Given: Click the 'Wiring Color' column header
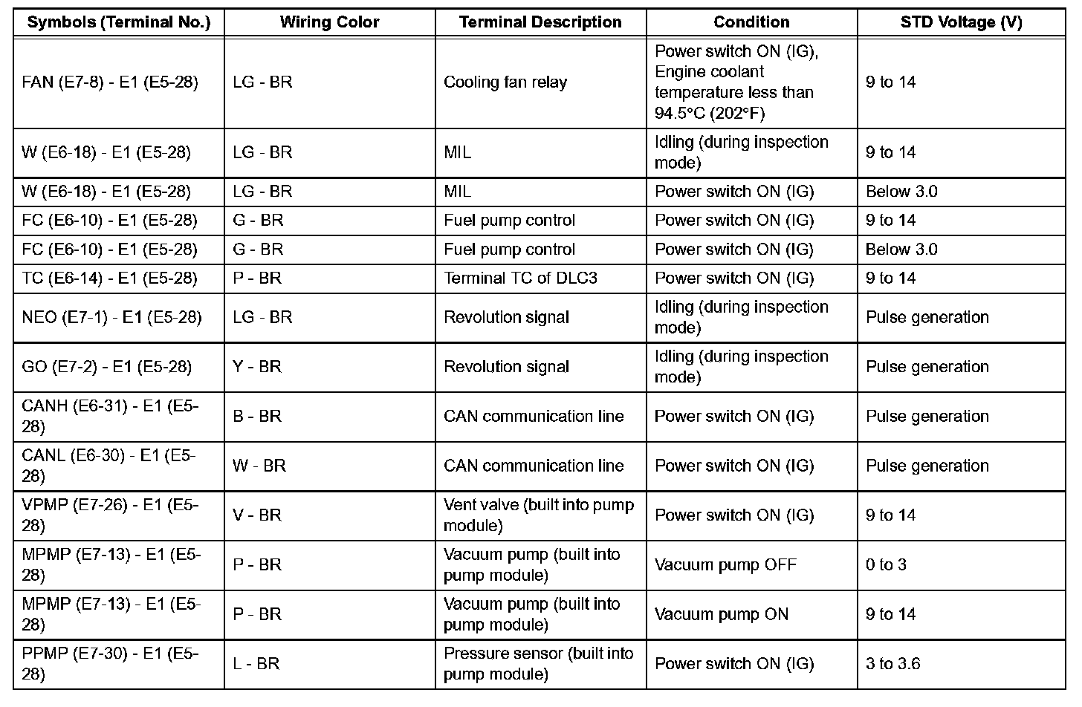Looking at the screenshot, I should [329, 22].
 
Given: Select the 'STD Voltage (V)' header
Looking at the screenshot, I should [961, 22].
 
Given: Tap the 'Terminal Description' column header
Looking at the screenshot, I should [540, 22].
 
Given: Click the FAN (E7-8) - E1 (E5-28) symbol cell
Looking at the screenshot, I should [110, 82].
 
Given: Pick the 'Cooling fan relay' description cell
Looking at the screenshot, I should [505, 82].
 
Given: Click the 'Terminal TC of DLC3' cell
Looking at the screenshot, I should [520, 278].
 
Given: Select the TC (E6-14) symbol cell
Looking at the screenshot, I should [110, 278].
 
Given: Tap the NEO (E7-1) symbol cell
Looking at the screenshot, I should [111, 317].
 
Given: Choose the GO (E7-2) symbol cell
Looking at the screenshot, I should [107, 367].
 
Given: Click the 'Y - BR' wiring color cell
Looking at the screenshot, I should [257, 367].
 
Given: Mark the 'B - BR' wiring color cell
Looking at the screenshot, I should [257, 417].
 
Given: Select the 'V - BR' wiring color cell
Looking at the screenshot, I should [257, 515].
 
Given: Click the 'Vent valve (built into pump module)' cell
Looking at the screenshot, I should [539, 515].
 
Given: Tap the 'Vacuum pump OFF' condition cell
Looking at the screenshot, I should [725, 565].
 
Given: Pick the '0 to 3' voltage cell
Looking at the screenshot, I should [886, 565].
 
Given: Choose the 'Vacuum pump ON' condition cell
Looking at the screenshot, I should [722, 615].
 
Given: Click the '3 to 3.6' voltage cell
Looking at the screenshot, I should [893, 664].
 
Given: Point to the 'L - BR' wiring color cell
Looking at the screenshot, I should [256, 664].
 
